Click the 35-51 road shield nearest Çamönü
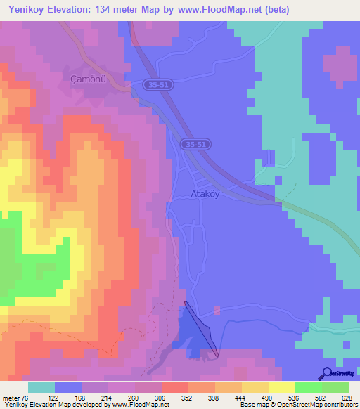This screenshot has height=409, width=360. pos(160,84)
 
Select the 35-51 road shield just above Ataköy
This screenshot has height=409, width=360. pos(197,144)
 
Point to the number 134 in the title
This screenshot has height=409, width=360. pos(116,10)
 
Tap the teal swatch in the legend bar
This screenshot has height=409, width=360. pos(41,387)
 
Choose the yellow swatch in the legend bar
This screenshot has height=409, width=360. pos(281,387)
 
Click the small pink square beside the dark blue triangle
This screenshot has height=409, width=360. pos(217,309)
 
